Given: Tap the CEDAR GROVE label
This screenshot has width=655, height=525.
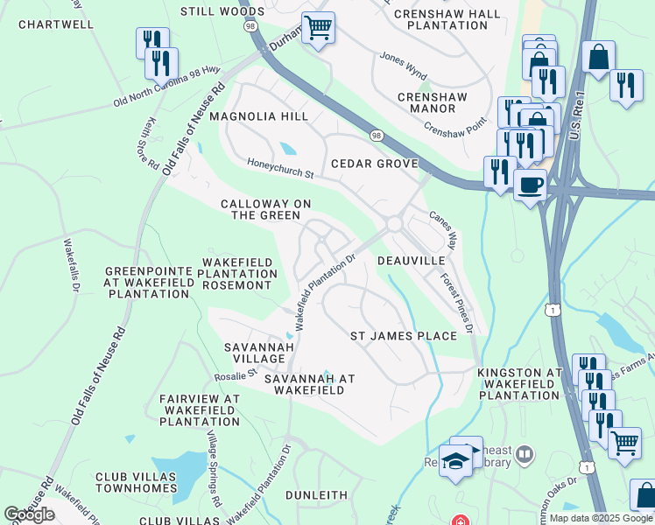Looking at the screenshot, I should (x=374, y=164).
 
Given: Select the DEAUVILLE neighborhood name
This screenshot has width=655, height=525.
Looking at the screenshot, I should (x=411, y=261).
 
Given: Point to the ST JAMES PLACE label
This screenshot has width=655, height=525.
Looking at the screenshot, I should (x=403, y=336).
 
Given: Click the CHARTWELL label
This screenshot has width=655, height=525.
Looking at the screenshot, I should (x=55, y=24).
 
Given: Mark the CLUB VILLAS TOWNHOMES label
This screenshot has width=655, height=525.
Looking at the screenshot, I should (x=136, y=483).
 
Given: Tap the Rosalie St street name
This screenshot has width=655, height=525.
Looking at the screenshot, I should (x=236, y=375).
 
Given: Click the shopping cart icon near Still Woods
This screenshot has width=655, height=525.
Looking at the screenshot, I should (x=317, y=28).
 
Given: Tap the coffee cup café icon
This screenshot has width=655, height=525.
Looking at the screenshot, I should (x=530, y=185).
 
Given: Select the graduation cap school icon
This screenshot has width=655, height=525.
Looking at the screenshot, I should (x=455, y=460).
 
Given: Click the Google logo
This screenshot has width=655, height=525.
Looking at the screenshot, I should (x=29, y=514).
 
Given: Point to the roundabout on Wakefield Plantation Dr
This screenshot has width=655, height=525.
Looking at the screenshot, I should (x=393, y=224).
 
